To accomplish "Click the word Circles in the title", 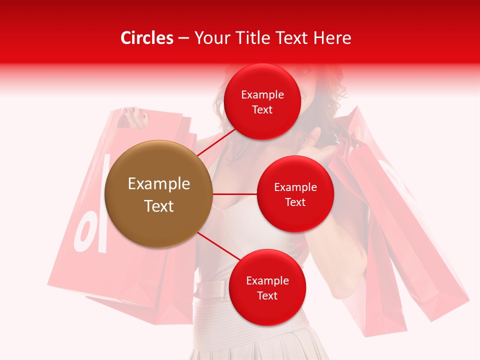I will click(146, 38).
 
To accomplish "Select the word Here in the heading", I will click(332, 38).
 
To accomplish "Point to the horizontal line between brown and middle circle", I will click(234, 194).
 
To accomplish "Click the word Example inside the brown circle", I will click(159, 184).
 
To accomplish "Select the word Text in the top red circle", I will click(262, 110).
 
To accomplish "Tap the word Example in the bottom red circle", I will click(267, 280).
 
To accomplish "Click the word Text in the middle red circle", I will click(295, 202).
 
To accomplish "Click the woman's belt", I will click(210, 290).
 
